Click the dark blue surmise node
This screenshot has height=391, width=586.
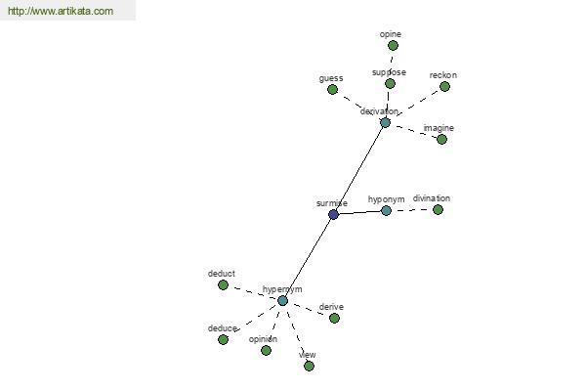(x=333, y=214)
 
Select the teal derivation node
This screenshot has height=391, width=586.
(x=385, y=123)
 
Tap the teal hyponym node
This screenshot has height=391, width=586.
(x=386, y=211)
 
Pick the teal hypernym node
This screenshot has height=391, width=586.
(x=282, y=300)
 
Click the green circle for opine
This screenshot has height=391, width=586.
(x=393, y=46)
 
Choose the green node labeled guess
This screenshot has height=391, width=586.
(x=332, y=89)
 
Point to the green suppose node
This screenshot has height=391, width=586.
(x=390, y=83)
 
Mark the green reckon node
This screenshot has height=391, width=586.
(x=444, y=86)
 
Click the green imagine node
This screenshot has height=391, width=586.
(x=441, y=139)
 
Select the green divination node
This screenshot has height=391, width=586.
(x=438, y=209)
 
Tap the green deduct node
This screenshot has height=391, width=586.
(x=223, y=285)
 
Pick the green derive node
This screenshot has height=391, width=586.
(x=334, y=318)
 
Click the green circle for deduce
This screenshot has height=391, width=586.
(x=223, y=340)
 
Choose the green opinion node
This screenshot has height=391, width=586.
(x=266, y=351)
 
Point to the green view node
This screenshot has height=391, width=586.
(x=309, y=366)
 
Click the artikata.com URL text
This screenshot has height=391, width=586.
(x=61, y=11)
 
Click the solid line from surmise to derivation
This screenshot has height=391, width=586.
(x=359, y=168)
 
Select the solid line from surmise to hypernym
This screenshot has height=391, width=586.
(x=308, y=257)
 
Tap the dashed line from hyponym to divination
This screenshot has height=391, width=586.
(x=412, y=210)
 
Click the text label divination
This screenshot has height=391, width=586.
(x=432, y=198)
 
